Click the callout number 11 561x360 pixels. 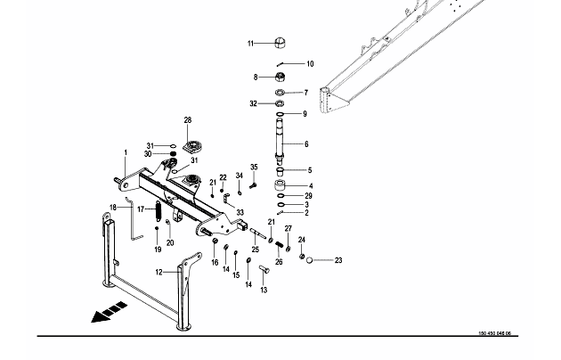click(x=250, y=44)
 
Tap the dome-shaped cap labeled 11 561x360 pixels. click(x=280, y=43)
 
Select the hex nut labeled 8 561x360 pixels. click(x=280, y=77)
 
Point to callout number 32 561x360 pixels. click(x=253, y=103)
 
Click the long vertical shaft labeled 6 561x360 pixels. click(x=279, y=138)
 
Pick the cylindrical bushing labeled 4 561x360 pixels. click(x=280, y=186)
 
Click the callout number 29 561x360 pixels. click(x=308, y=196)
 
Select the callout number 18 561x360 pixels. click(x=113, y=208)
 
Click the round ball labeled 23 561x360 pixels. click(x=310, y=260)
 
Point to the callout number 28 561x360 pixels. click(x=188, y=120)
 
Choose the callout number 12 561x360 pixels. click(x=159, y=273)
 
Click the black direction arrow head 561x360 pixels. click(x=98, y=316)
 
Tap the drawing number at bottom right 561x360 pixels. click(x=495, y=333)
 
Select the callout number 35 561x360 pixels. click(x=254, y=168)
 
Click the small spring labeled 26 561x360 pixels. click(x=280, y=245)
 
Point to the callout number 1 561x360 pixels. click(x=126, y=152)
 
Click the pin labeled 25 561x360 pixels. click(x=258, y=233)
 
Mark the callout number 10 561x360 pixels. click(x=310, y=63)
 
